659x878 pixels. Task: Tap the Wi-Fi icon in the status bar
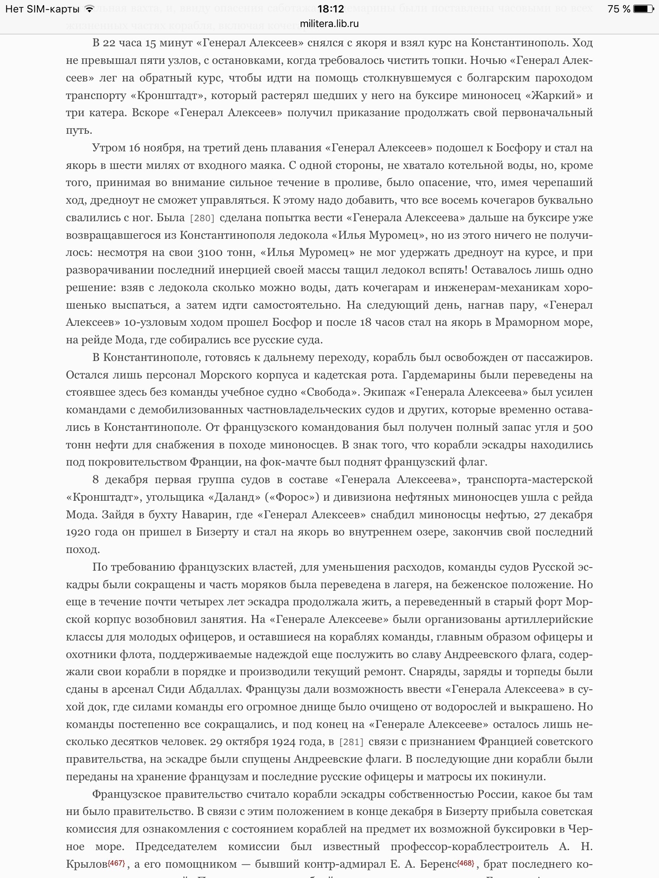89,9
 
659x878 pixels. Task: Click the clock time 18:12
329,9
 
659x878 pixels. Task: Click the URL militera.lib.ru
329,24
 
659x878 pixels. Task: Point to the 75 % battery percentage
619,9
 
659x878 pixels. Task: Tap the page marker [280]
202,218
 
